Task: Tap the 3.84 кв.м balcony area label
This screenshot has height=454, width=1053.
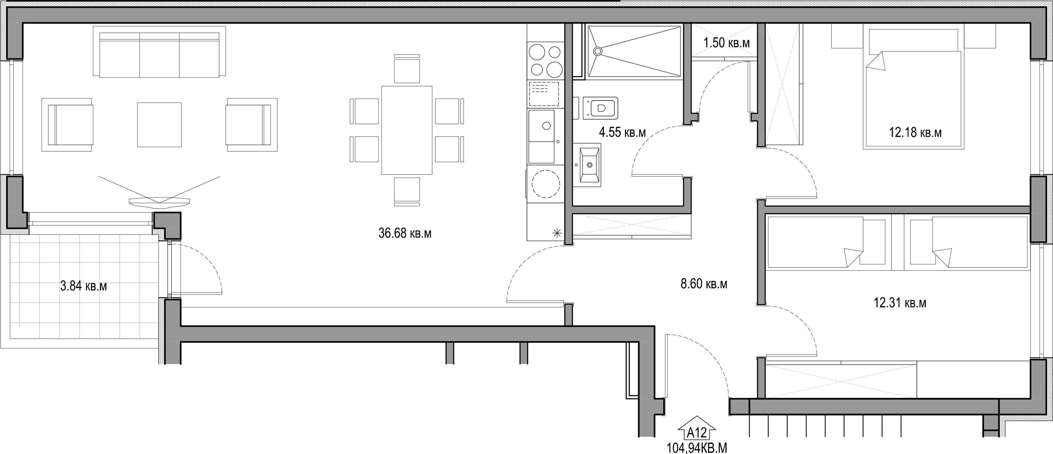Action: [x=83, y=286]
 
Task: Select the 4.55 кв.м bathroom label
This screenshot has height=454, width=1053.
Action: [x=622, y=132]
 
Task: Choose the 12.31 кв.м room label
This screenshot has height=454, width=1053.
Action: [x=900, y=303]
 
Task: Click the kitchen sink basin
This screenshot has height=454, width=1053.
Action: [x=542, y=126]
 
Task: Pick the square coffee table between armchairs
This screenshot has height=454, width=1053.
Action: [x=159, y=125]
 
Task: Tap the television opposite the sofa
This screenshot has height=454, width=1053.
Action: [x=159, y=201]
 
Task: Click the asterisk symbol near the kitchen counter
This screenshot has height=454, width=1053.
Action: [x=557, y=234]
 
